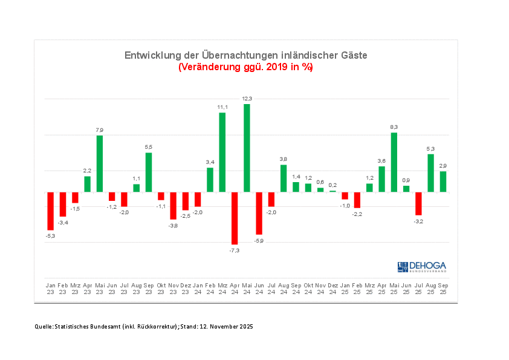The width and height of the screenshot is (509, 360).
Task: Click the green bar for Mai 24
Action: tap(247, 148)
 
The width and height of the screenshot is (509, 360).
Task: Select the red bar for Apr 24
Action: tap(235, 218)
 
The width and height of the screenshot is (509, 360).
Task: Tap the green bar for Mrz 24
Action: tap(222, 152)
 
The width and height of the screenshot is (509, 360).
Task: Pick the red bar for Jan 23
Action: tap(51, 211)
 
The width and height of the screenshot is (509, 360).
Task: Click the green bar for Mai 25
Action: tap(394, 162)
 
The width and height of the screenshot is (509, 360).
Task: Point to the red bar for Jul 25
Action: tap(418, 203)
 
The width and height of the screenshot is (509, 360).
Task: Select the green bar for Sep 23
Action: tap(149, 172)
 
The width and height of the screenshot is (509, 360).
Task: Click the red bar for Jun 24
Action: tap(259, 213)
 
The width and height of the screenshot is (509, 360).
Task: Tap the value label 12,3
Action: tap(247, 98)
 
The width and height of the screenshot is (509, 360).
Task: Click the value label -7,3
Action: tap(235, 250)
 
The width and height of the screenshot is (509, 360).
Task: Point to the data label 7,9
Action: tap(100, 130)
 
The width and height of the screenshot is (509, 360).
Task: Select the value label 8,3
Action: tap(394, 127)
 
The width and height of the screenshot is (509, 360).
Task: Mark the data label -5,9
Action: tap(259, 240)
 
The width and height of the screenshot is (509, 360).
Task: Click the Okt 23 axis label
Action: tap(161, 288)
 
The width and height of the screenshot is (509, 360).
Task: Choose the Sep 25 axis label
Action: tap(443, 288)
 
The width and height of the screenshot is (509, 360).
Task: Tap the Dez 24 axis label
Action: tap(332, 288)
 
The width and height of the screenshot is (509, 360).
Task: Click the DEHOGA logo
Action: tap(421, 267)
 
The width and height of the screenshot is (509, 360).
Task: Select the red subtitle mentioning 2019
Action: tap(245, 67)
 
